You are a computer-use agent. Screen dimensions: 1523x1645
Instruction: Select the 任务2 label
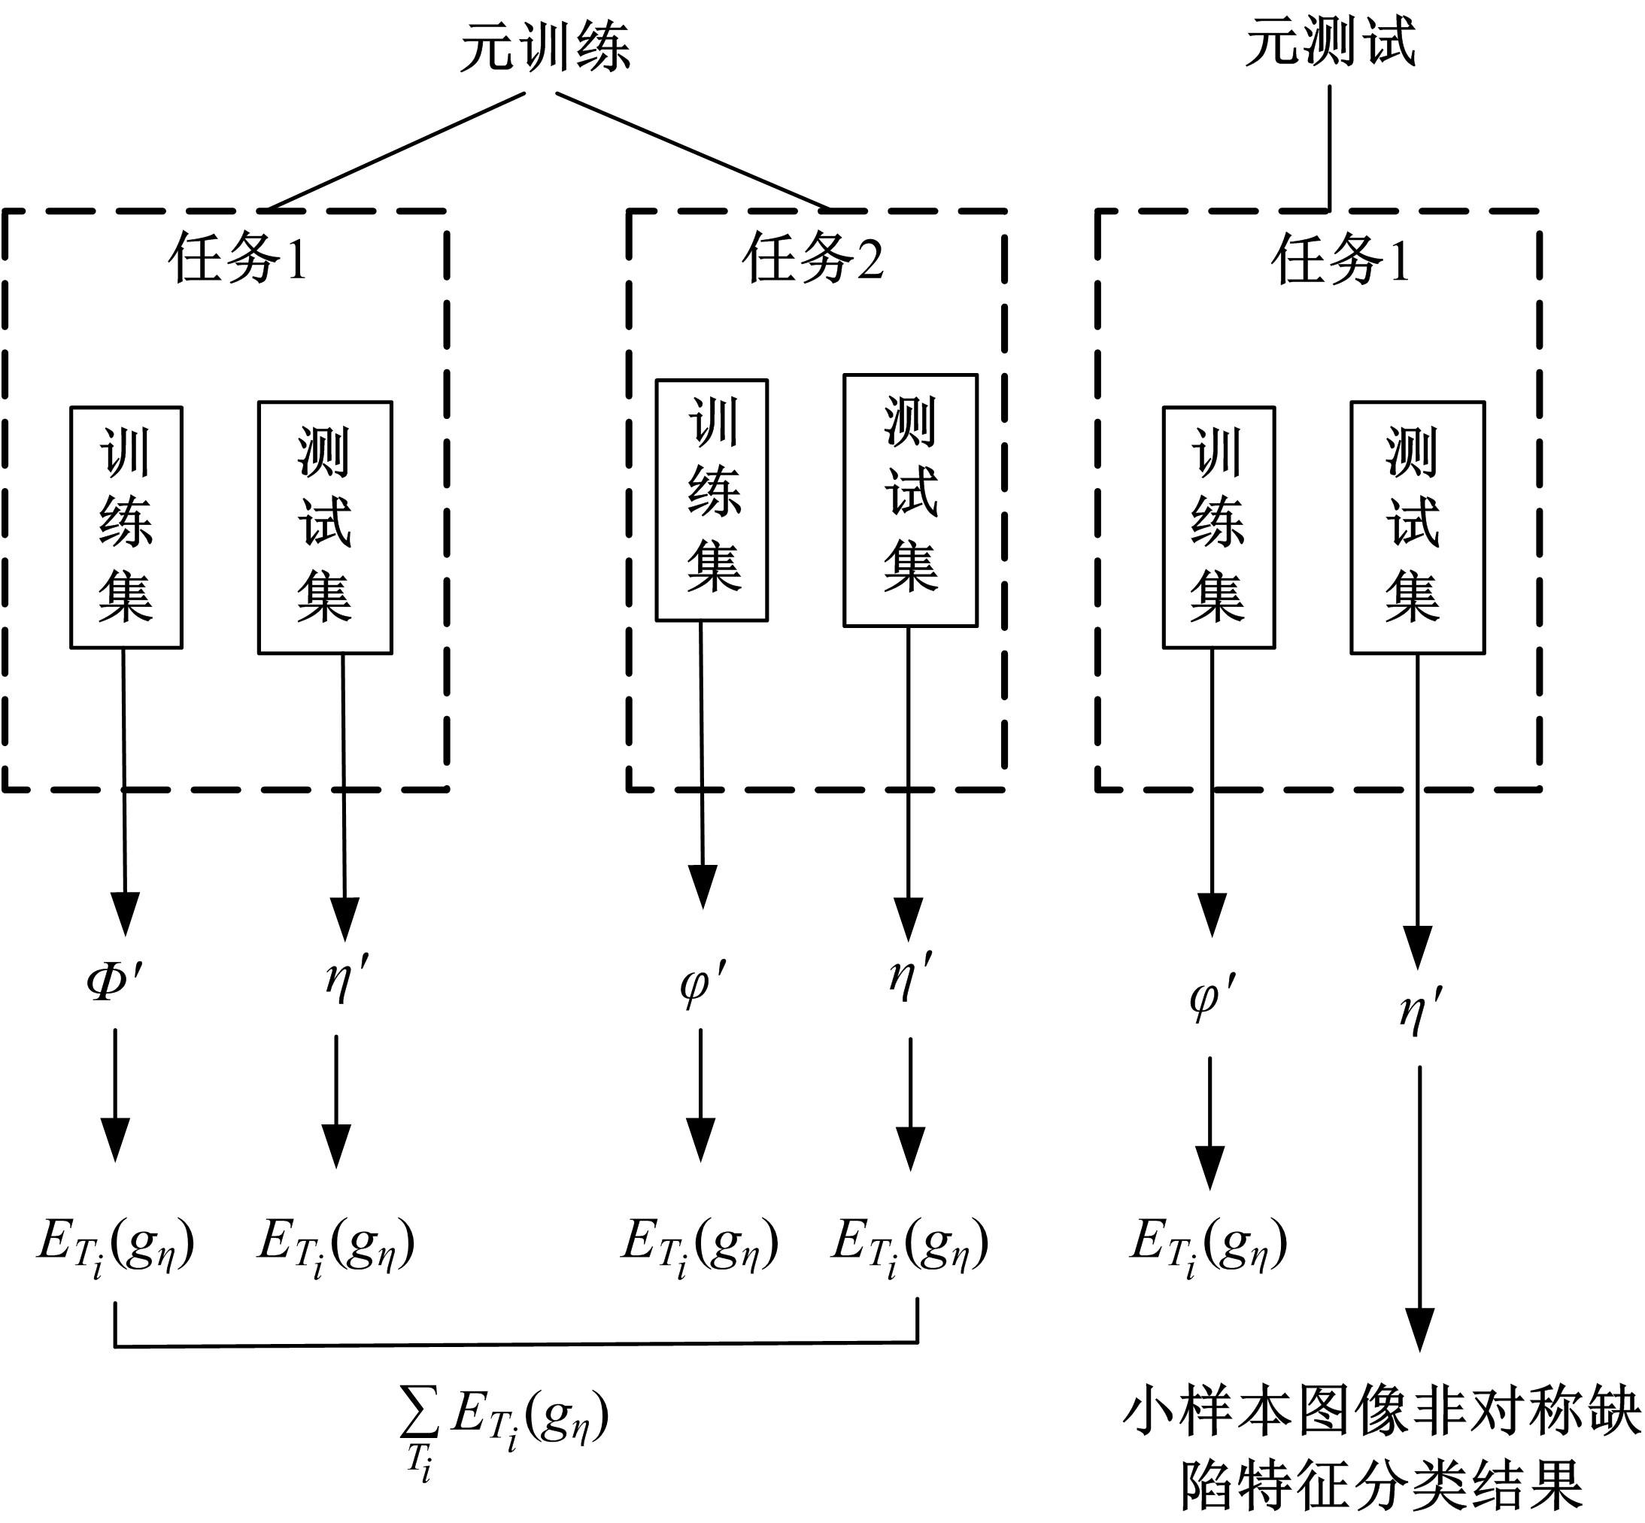click(812, 258)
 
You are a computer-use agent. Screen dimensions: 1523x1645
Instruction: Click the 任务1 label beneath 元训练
click(238, 258)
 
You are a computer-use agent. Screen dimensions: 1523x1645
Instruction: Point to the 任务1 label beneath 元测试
click(1341, 258)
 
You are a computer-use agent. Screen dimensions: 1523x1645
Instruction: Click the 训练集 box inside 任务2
click(712, 500)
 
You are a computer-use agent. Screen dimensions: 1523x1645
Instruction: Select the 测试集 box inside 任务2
click(910, 500)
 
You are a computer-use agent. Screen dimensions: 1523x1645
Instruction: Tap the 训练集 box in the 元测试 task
click(1218, 527)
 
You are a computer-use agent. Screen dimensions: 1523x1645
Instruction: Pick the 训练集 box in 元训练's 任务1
click(126, 527)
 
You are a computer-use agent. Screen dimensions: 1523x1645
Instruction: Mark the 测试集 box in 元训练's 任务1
click(325, 527)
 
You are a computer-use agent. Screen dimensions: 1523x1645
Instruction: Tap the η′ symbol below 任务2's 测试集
click(910, 976)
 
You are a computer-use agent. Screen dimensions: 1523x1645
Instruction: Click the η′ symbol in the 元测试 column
click(1420, 1009)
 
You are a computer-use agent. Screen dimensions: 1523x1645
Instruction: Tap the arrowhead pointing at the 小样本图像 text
click(1420, 1328)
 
